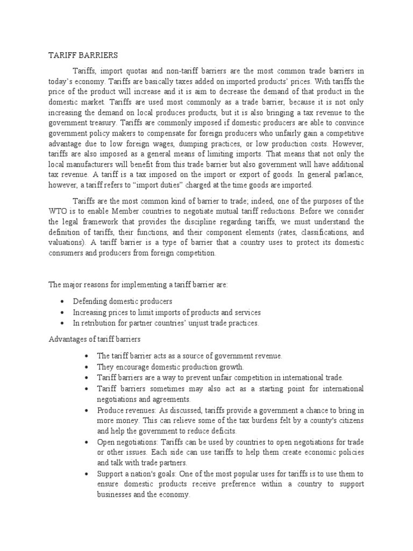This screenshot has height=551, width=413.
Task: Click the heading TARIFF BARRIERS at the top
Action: click(x=83, y=55)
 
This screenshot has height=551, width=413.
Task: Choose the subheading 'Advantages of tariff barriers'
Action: click(x=95, y=340)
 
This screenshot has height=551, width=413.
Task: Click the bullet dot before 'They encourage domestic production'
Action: click(x=87, y=367)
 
